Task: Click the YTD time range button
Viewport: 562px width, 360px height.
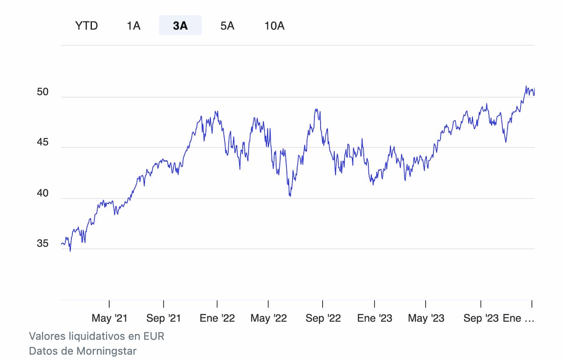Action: [87, 25]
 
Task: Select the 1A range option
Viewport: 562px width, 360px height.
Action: [133, 25]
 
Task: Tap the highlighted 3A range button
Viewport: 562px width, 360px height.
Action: [180, 25]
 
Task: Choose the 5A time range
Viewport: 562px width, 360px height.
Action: [227, 25]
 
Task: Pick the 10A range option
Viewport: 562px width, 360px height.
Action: [274, 25]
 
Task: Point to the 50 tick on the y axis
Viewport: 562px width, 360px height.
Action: [43, 92]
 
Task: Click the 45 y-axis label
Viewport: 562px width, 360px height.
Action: [43, 143]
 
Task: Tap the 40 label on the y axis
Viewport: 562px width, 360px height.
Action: [43, 193]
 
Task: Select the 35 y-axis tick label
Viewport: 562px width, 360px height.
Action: [43, 244]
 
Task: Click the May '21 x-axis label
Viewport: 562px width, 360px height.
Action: [109, 318]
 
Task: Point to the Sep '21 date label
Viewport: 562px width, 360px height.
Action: [163, 318]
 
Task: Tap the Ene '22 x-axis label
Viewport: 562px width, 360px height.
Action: [217, 318]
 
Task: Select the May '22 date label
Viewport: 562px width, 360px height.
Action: [268, 318]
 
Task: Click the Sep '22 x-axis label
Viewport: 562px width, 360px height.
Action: [323, 318]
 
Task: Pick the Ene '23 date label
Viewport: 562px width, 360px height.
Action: [375, 318]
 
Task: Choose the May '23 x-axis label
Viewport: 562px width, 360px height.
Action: [426, 318]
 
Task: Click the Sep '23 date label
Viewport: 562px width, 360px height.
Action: [481, 318]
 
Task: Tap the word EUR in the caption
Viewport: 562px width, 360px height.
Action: [155, 336]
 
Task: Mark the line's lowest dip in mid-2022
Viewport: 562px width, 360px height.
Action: [290, 196]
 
